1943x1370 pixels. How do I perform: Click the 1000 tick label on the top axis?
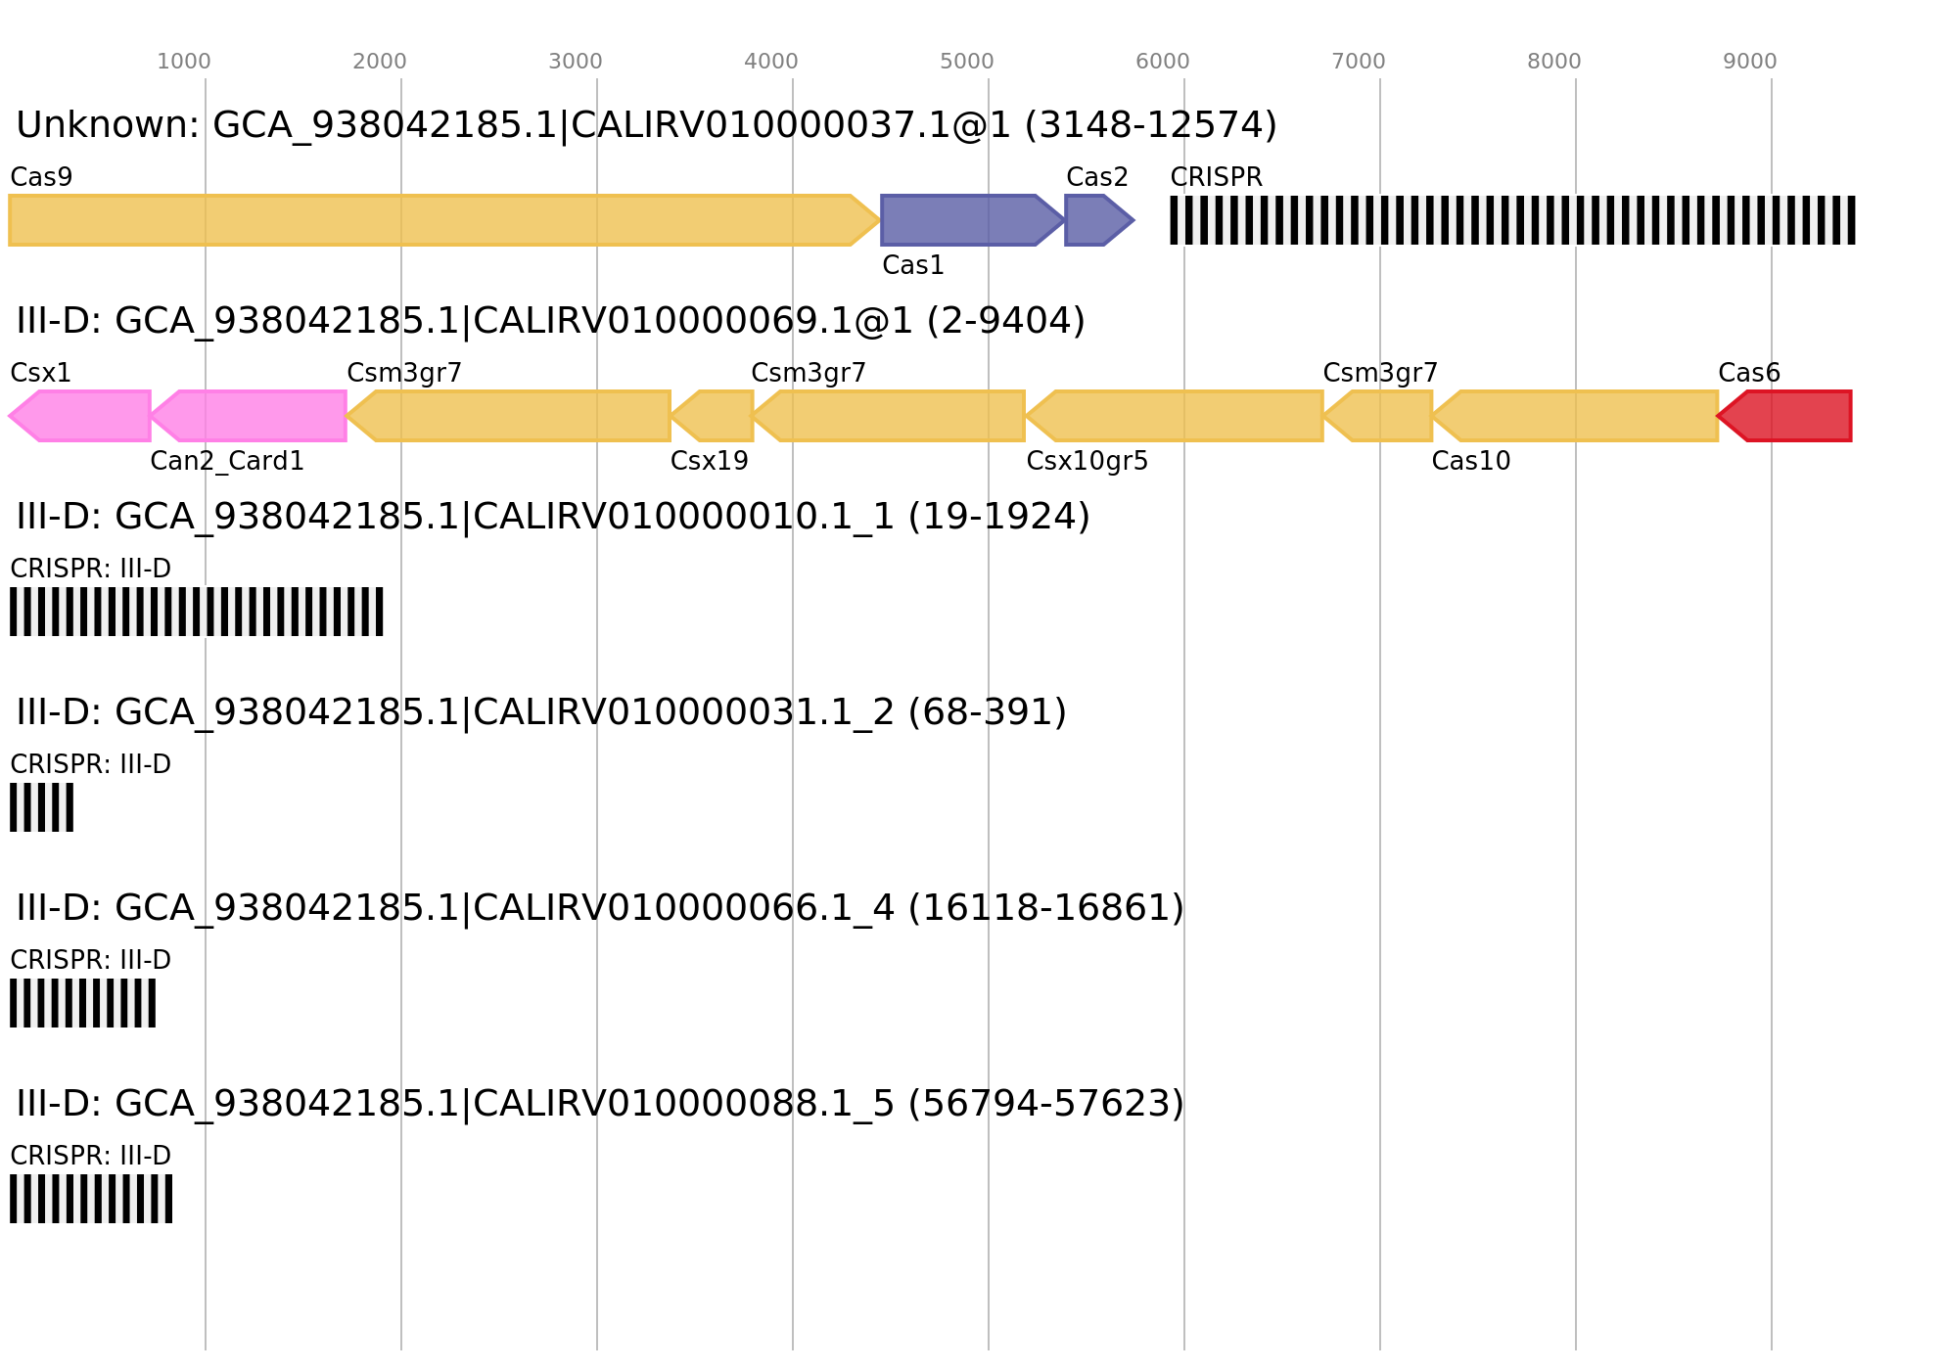click(183, 62)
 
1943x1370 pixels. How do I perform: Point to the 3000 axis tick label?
click(575, 62)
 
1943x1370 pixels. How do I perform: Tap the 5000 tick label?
click(966, 62)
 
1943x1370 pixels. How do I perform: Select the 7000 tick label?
click(1358, 62)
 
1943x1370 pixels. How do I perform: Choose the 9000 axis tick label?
click(1749, 62)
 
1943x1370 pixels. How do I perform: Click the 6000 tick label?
click(1162, 62)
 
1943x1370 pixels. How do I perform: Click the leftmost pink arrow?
click(83, 416)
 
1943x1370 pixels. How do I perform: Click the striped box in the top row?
click(1512, 220)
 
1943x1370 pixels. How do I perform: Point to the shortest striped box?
click(41, 807)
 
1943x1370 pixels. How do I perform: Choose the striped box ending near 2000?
click(196, 612)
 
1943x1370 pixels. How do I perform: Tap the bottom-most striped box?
click(90, 1199)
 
